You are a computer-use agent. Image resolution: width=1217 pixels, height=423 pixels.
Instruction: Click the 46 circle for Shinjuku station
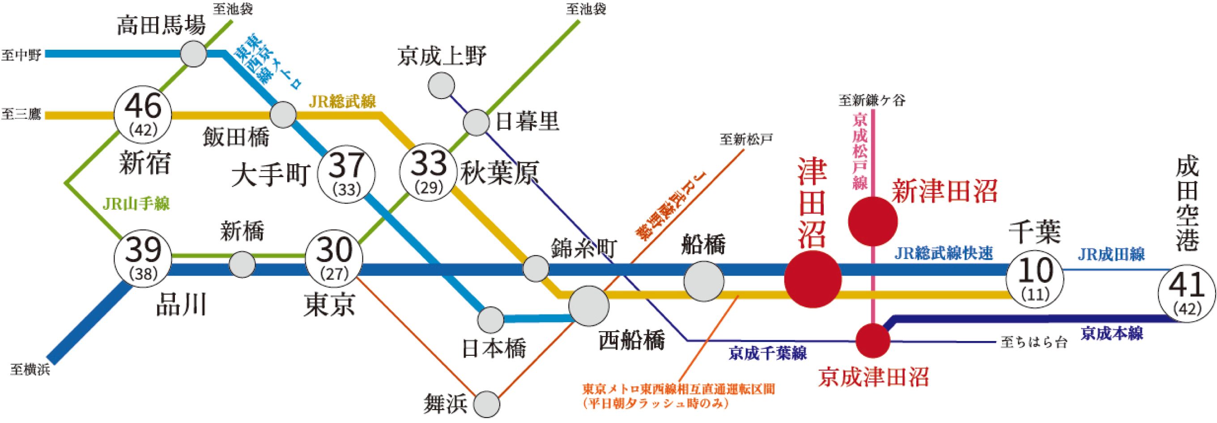pyautogui.click(x=143, y=115)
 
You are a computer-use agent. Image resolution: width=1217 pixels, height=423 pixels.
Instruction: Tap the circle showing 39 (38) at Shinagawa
pyautogui.click(x=143, y=259)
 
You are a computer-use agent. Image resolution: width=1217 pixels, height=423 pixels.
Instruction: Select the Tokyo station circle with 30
pyautogui.click(x=334, y=259)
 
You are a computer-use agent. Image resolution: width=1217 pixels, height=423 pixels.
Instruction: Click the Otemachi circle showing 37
pyautogui.click(x=346, y=174)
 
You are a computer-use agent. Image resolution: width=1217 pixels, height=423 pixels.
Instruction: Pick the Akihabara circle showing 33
pyautogui.click(x=428, y=172)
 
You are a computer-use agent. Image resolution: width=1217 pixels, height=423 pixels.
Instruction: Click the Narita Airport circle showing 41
pyautogui.click(x=1187, y=294)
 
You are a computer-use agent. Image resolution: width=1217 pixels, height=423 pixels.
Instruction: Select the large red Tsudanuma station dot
pyautogui.click(x=813, y=279)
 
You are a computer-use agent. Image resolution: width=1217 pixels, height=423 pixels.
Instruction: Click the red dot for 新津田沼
pyautogui.click(x=872, y=221)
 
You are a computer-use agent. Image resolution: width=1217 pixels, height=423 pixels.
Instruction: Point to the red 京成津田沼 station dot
pyautogui.click(x=873, y=341)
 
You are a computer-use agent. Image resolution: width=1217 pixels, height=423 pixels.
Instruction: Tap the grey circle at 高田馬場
pyautogui.click(x=194, y=54)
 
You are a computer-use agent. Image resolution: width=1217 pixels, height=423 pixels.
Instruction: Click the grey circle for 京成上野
pyautogui.click(x=441, y=86)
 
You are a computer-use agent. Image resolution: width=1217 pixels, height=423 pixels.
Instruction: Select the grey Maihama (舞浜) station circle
pyautogui.click(x=487, y=404)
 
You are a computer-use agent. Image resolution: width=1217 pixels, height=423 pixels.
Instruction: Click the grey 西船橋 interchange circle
pyautogui.click(x=589, y=306)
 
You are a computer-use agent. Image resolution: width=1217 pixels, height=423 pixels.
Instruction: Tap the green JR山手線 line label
pyautogui.click(x=136, y=204)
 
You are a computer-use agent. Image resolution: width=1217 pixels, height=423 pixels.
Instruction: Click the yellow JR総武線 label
pyautogui.click(x=343, y=101)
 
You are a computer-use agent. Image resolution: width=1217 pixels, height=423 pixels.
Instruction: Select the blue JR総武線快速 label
pyautogui.click(x=944, y=254)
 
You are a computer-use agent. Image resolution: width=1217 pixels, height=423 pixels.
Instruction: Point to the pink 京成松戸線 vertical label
pyautogui.click(x=860, y=151)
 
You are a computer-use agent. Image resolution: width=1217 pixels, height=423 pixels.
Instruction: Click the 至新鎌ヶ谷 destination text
pyautogui.click(x=872, y=100)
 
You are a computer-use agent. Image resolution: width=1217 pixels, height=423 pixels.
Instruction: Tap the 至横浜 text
pyautogui.click(x=30, y=370)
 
